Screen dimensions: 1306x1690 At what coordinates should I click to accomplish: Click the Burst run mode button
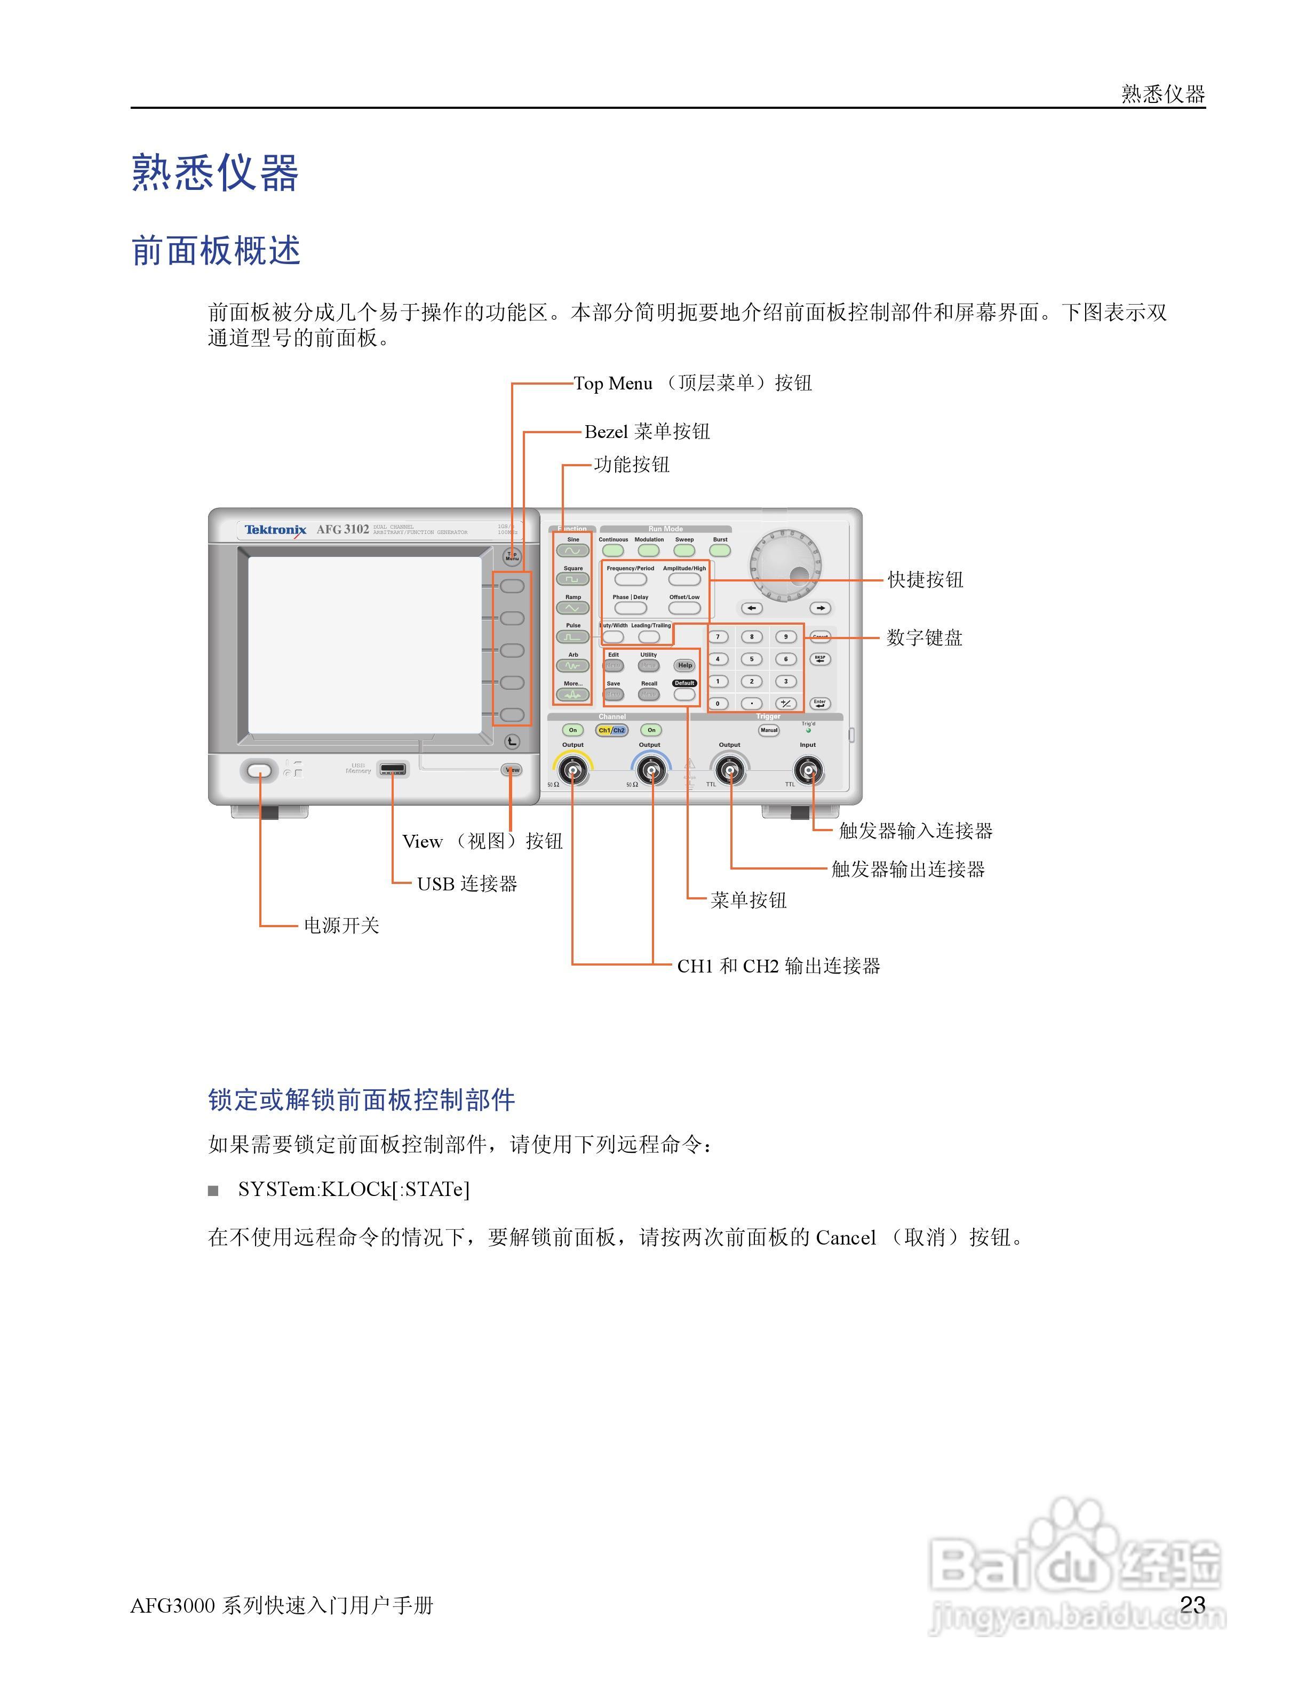[720, 550]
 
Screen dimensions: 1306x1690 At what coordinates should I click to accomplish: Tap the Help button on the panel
[684, 665]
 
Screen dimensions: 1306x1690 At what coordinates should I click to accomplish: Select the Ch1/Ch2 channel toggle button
[611, 730]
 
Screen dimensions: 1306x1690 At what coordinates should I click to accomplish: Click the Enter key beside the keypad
[819, 704]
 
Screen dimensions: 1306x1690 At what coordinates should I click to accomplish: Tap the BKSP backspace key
[819, 659]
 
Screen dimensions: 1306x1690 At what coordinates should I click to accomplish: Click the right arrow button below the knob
[819, 608]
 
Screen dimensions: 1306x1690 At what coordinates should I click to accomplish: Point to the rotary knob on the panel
[785, 565]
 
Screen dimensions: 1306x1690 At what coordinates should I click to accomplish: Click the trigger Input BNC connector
[808, 771]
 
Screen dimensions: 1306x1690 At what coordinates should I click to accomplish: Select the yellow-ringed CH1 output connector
[572, 771]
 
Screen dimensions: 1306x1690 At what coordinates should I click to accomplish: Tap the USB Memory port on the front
[392, 769]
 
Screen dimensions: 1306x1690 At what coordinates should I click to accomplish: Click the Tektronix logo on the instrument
[275, 530]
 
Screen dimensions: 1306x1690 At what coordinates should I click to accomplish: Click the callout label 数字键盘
[924, 637]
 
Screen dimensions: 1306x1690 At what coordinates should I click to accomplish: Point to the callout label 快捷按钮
[925, 579]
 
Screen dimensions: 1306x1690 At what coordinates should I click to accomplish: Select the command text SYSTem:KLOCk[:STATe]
[353, 1189]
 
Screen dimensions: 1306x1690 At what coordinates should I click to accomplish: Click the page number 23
[1192, 1604]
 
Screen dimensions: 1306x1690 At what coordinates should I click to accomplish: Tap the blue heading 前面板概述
[216, 251]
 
